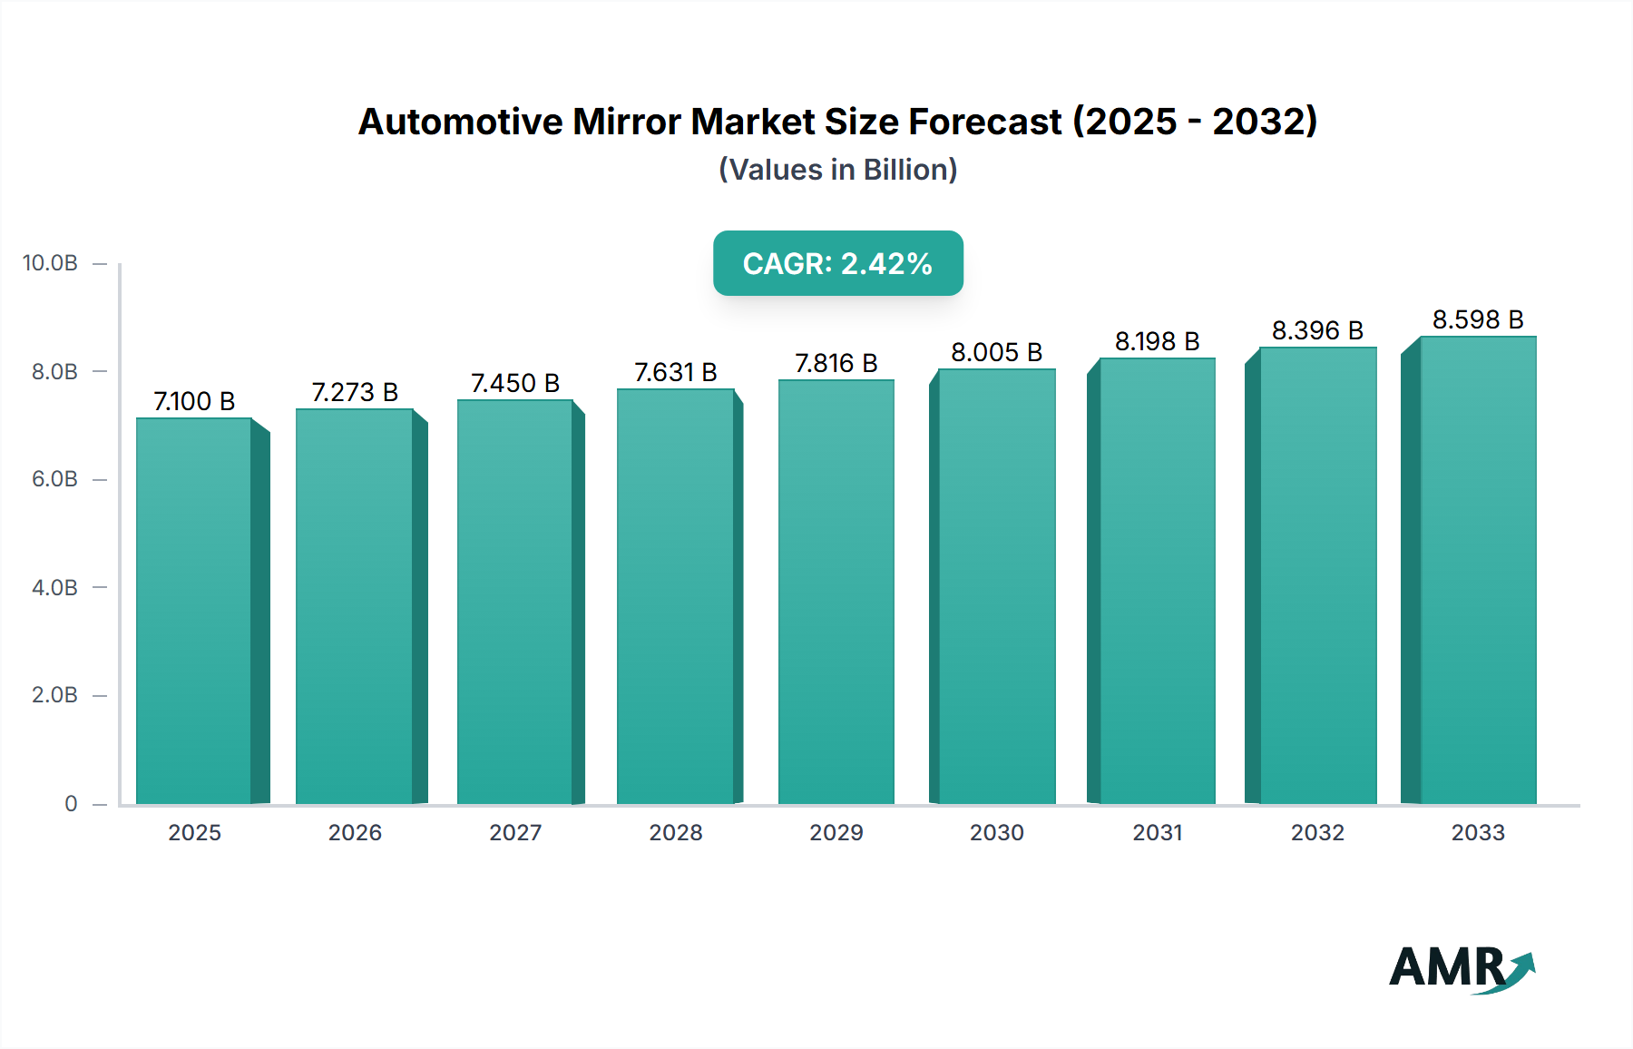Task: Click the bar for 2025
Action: pyautogui.click(x=194, y=611)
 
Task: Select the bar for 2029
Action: pyautogui.click(x=836, y=592)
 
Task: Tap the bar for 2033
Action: pyautogui.click(x=1478, y=570)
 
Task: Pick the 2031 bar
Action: pyautogui.click(x=1157, y=581)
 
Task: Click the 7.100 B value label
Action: pyautogui.click(x=194, y=401)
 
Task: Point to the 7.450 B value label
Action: pyautogui.click(x=515, y=383)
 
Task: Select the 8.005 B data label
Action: pyautogui.click(x=996, y=352)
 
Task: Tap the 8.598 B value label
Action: pyautogui.click(x=1478, y=319)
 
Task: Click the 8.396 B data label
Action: pyautogui.click(x=1317, y=330)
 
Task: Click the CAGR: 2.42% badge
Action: pyautogui.click(x=837, y=263)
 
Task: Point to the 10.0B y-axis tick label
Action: pyautogui.click(x=50, y=263)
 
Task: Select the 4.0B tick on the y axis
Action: pyautogui.click(x=54, y=587)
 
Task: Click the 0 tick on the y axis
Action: pyautogui.click(x=71, y=803)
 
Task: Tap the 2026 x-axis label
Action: pyautogui.click(x=355, y=832)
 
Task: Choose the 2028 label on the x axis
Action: pyautogui.click(x=676, y=832)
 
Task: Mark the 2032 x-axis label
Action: pyautogui.click(x=1317, y=832)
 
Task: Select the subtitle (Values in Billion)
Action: pyautogui.click(x=837, y=170)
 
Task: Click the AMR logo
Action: pyautogui.click(x=1461, y=968)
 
